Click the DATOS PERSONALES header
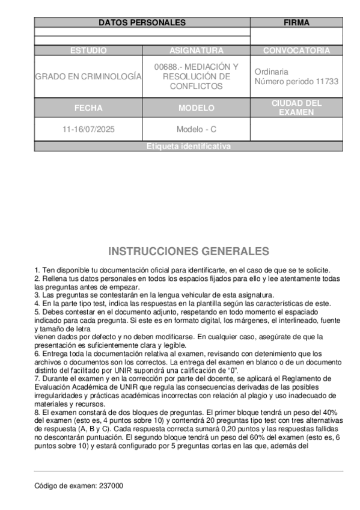pyautogui.click(x=142, y=23)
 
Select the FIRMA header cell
pyautogui.click(x=296, y=23)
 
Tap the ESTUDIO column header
pyautogui.click(x=88, y=51)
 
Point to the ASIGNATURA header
pyautogui.click(x=196, y=51)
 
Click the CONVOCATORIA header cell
pyautogui.click(x=296, y=51)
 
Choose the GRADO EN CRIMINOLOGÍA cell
pyautogui.click(x=88, y=76)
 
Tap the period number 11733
pyautogui.click(x=326, y=81)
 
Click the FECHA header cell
pyautogui.click(x=88, y=108)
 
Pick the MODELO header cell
pyautogui.click(x=196, y=108)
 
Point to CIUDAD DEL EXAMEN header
pyautogui.click(x=296, y=108)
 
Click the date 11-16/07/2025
pyautogui.click(x=88, y=129)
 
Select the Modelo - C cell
pyautogui.click(x=196, y=129)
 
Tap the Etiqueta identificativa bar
pyautogui.click(x=189, y=147)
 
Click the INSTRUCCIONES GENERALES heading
pyautogui.click(x=189, y=251)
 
